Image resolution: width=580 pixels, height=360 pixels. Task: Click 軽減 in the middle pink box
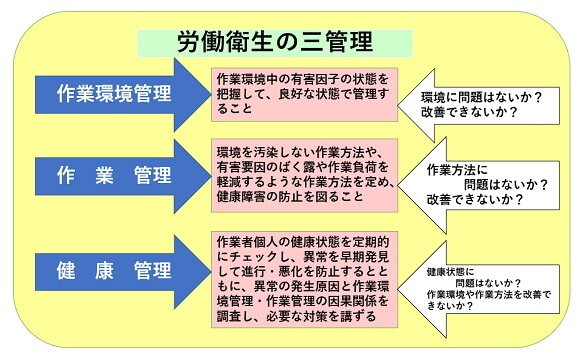tap(231, 183)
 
